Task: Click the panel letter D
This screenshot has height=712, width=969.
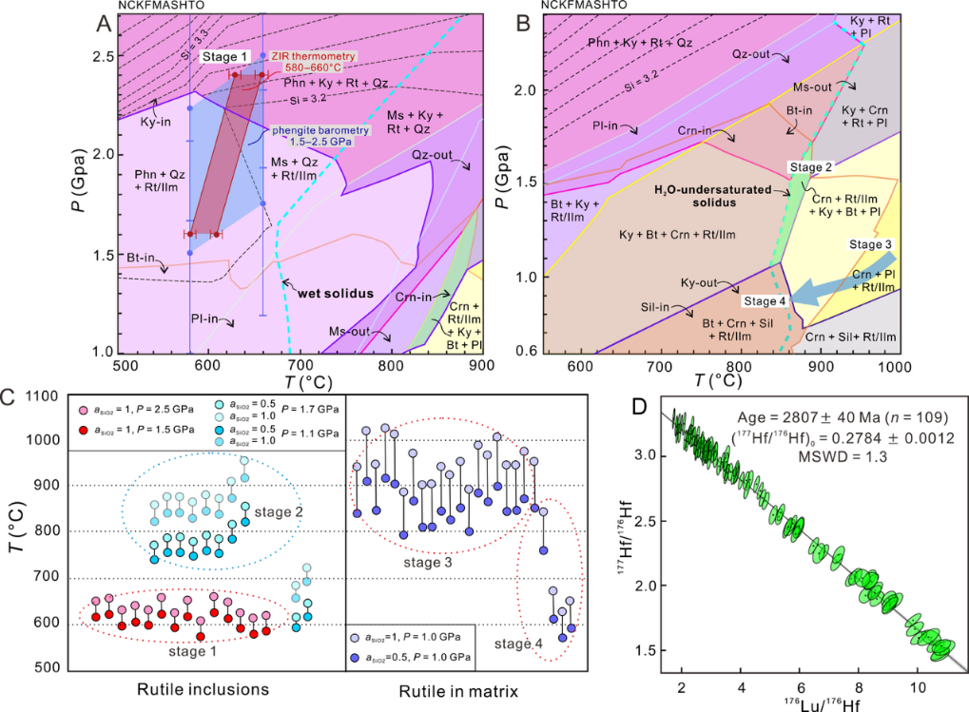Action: click(x=641, y=406)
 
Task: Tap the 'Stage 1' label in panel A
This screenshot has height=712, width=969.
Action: click(x=225, y=57)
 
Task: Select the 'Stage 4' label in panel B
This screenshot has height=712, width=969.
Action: click(x=766, y=301)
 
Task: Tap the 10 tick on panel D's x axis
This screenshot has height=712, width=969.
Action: click(x=917, y=685)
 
